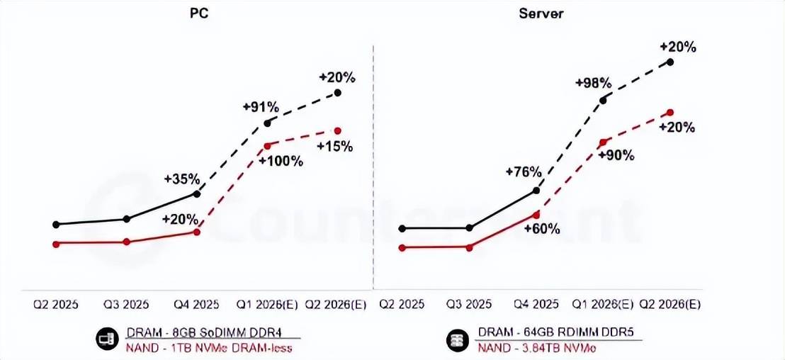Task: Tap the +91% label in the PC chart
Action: point(261,107)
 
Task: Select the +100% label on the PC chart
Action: point(281,161)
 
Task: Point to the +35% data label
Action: point(182,178)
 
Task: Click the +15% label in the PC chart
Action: point(334,147)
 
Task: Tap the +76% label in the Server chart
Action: point(524,171)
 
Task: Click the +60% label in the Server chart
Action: point(542,228)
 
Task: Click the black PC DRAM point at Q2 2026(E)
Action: point(338,92)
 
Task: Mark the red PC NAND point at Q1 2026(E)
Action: point(267,146)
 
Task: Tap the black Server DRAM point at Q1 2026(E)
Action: point(604,100)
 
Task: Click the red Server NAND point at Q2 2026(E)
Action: point(670,112)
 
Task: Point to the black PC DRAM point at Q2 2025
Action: point(56,224)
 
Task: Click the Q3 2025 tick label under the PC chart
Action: point(126,305)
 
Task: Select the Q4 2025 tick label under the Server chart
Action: point(537,305)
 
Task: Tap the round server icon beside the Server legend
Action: point(457,340)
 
